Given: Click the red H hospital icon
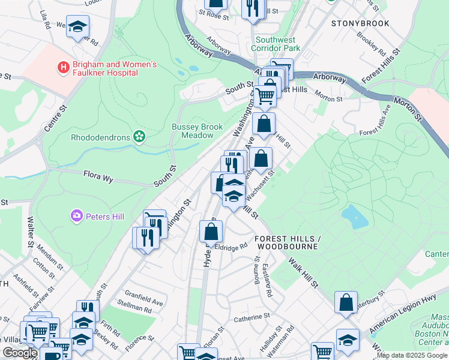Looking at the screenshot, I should [x=62, y=68].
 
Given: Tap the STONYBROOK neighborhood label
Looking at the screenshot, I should [x=360, y=23].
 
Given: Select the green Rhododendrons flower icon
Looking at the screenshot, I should [x=139, y=137].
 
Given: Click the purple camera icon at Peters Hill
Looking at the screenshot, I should [x=76, y=215].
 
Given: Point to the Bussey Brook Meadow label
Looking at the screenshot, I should [x=197, y=131].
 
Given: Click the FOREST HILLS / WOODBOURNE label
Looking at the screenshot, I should [x=288, y=242].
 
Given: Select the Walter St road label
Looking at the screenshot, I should [x=30, y=227].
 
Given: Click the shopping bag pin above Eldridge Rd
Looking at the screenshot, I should [x=211, y=231].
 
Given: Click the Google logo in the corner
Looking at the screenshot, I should [x=19, y=353].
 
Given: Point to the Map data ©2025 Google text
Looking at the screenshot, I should [x=412, y=355].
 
